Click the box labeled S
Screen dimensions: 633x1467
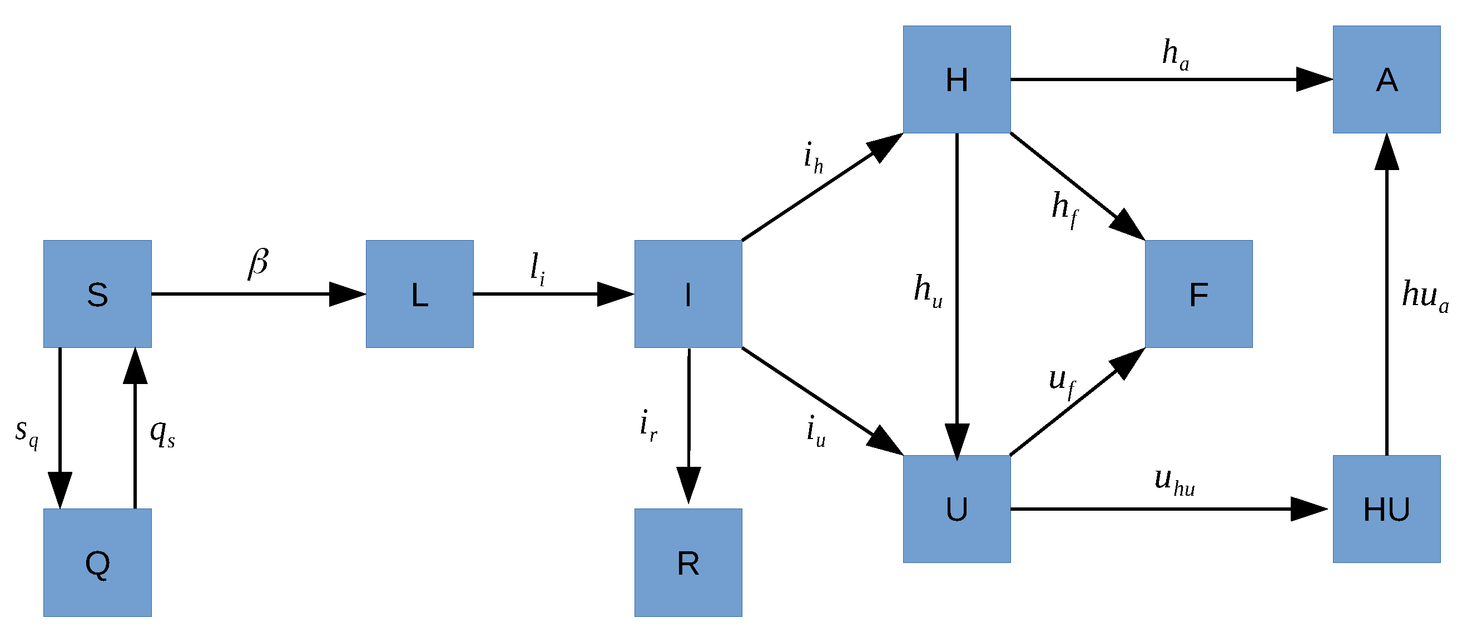[97, 294]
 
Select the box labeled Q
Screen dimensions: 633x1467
[97, 562]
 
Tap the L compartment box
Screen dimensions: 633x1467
[419, 294]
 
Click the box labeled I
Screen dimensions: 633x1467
[688, 294]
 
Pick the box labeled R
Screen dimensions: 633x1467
[688, 562]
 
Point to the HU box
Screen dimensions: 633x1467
[1386, 509]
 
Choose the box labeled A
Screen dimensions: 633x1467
[1386, 79]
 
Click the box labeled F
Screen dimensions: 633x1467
[1198, 294]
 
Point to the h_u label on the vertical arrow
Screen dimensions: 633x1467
[927, 290]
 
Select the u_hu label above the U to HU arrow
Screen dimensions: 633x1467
[1174, 481]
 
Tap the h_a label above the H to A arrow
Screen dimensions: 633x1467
[1176, 54]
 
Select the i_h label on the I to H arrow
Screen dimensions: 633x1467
[813, 157]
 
